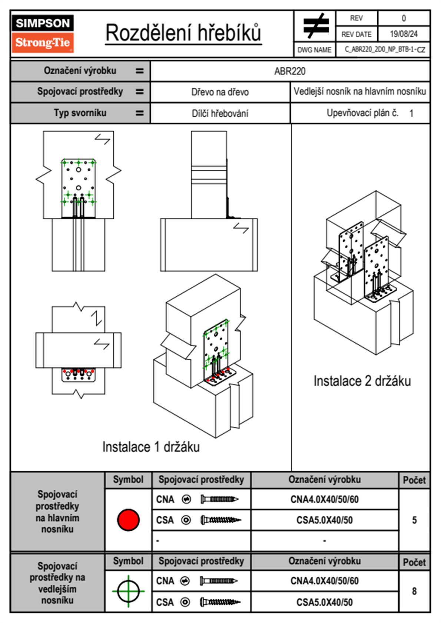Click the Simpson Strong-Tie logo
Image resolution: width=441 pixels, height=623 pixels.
(x=43, y=34)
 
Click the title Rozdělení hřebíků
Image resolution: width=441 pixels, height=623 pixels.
(x=183, y=33)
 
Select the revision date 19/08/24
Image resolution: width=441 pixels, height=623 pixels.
(x=404, y=34)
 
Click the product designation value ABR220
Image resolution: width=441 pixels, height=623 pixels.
(x=290, y=71)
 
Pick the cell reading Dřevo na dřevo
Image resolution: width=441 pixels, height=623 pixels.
(x=220, y=92)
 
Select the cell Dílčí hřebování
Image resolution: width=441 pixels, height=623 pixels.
(x=220, y=113)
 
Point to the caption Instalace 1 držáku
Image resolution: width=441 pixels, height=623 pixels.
(x=151, y=447)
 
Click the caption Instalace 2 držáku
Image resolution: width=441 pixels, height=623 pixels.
(x=362, y=381)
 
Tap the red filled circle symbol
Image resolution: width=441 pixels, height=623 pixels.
(x=128, y=520)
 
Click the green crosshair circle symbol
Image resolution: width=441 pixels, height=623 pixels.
(x=128, y=591)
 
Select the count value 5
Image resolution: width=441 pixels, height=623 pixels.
(x=414, y=520)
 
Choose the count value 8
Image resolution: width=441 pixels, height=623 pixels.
(x=414, y=591)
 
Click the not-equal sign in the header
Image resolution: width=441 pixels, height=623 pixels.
(x=315, y=26)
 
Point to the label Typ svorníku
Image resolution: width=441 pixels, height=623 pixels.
(x=80, y=113)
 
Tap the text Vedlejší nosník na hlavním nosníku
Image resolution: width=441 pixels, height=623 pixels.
(x=360, y=91)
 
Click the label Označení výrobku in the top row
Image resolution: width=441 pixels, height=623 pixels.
(x=80, y=71)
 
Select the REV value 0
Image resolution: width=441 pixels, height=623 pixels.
(x=404, y=18)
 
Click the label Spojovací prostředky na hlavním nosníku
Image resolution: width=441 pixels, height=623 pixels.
(x=57, y=512)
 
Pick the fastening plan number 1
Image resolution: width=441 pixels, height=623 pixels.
(x=411, y=113)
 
